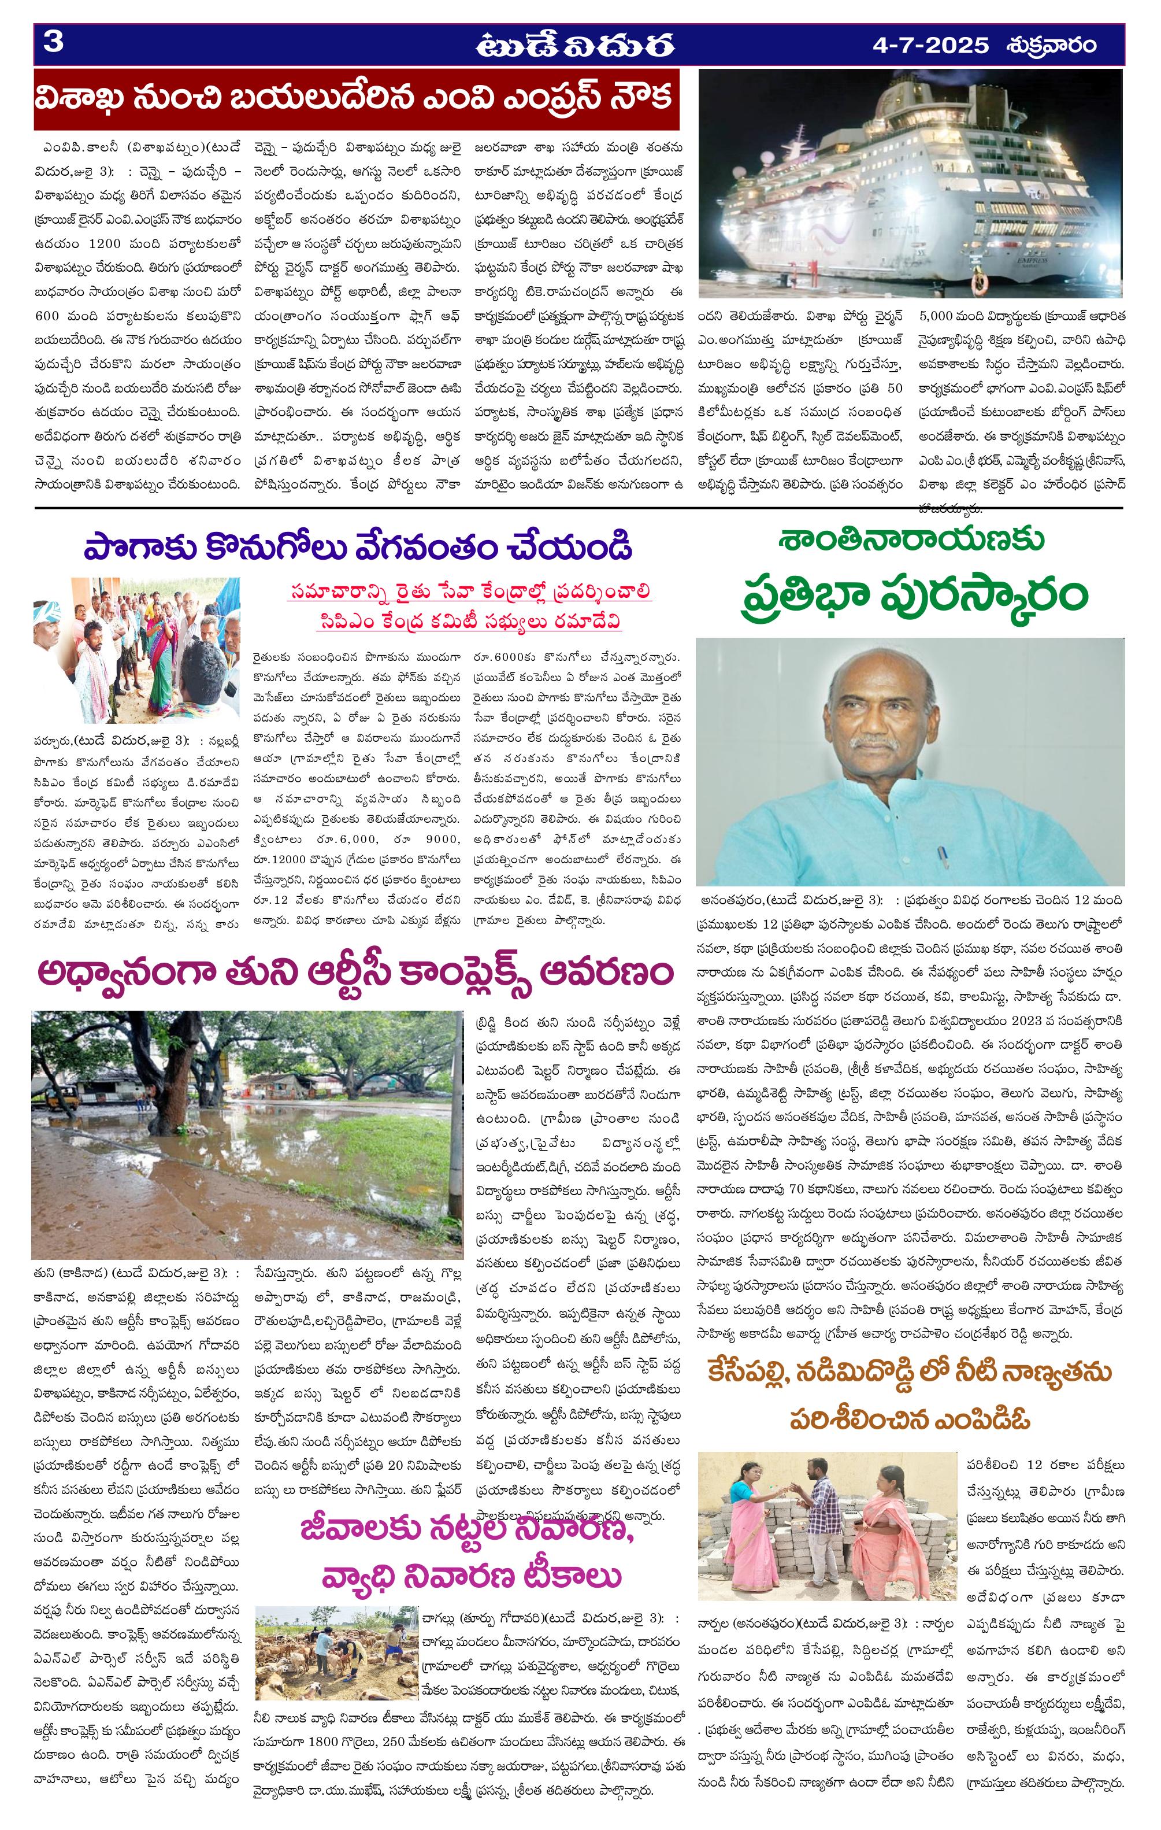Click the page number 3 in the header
(54, 43)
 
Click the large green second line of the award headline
(910, 597)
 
